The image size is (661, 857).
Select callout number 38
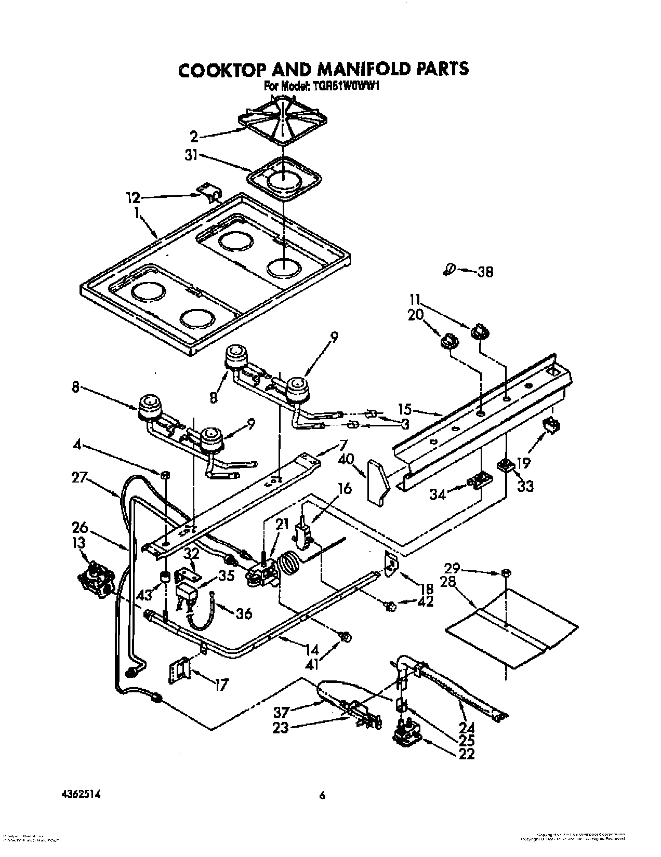tap(485, 272)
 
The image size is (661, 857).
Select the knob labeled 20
tap(449, 341)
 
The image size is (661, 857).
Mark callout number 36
tap(243, 613)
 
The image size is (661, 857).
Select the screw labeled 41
tap(345, 637)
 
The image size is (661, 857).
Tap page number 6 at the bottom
tap(322, 795)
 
